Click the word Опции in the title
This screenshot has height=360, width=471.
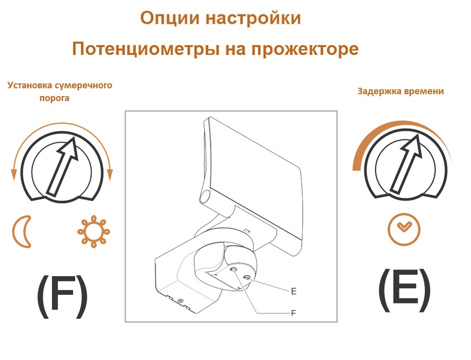pyautogui.click(x=170, y=19)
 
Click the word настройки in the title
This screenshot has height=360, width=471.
pyautogui.click(x=253, y=19)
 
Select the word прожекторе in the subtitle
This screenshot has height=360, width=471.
pyautogui.click(x=305, y=50)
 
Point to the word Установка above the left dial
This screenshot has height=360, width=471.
pyautogui.click(x=30, y=85)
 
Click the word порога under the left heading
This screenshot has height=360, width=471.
pyautogui.click(x=54, y=98)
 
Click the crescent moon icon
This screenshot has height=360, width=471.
pyautogui.click(x=22, y=231)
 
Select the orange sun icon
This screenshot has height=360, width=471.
pyautogui.click(x=94, y=231)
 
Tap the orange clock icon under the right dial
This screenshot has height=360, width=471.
pyautogui.click(x=404, y=229)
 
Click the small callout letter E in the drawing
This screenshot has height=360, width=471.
pyautogui.click(x=293, y=291)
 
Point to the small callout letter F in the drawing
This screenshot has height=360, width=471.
pyautogui.click(x=293, y=313)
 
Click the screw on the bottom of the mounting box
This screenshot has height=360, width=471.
pyautogui.click(x=180, y=301)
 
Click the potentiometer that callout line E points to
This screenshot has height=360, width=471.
pyautogui.click(x=247, y=278)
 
